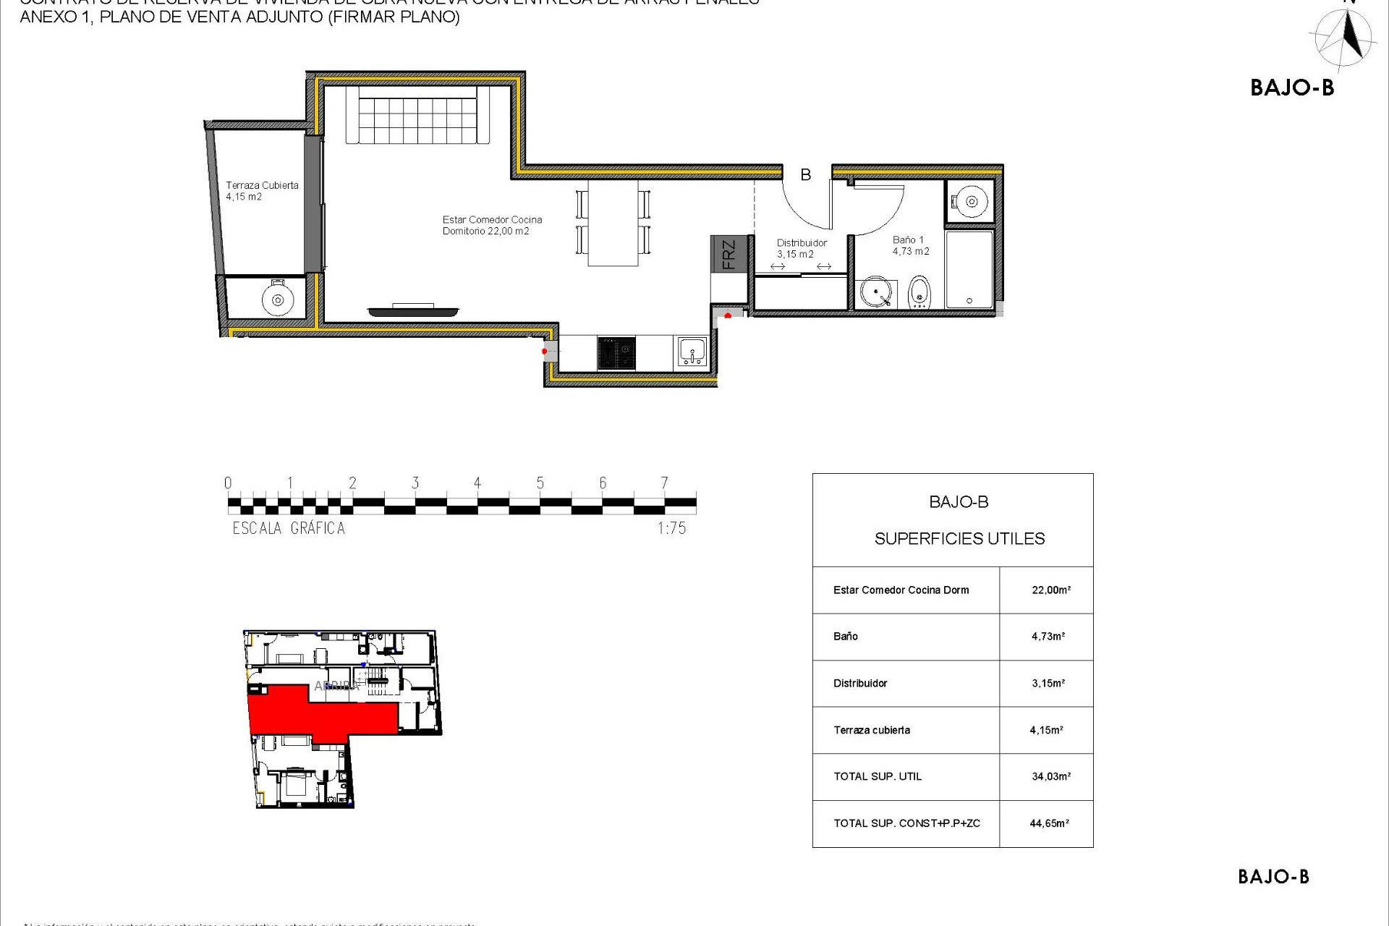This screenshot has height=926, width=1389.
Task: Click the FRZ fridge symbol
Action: [x=729, y=254]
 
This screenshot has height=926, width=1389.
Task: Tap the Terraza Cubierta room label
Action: [x=261, y=191]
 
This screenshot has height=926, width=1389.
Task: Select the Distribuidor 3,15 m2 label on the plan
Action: [x=801, y=248]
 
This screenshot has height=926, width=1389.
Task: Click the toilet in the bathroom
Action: [x=919, y=292]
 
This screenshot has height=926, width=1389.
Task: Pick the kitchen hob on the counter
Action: [x=616, y=354]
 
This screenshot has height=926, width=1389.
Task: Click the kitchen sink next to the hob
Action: [x=692, y=353]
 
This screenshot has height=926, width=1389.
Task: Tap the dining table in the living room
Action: [x=613, y=223]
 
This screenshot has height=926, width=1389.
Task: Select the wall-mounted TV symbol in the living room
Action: [x=413, y=311]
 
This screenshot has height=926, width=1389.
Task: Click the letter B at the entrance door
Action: [x=805, y=175]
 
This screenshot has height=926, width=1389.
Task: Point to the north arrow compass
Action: [x=1343, y=38]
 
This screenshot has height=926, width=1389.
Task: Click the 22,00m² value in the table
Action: [x=1050, y=590]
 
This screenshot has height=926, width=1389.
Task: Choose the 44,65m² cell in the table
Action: [x=1049, y=823]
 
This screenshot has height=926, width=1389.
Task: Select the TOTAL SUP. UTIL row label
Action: [x=878, y=777]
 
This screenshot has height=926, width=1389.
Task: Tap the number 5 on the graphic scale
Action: [x=540, y=483]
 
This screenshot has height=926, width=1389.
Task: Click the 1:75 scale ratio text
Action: [x=671, y=529]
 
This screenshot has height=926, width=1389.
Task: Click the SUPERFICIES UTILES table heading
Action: [x=959, y=539]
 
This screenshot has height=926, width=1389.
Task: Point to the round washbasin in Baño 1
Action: [x=876, y=293]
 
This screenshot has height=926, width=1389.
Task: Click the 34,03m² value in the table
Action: [x=1050, y=777]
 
